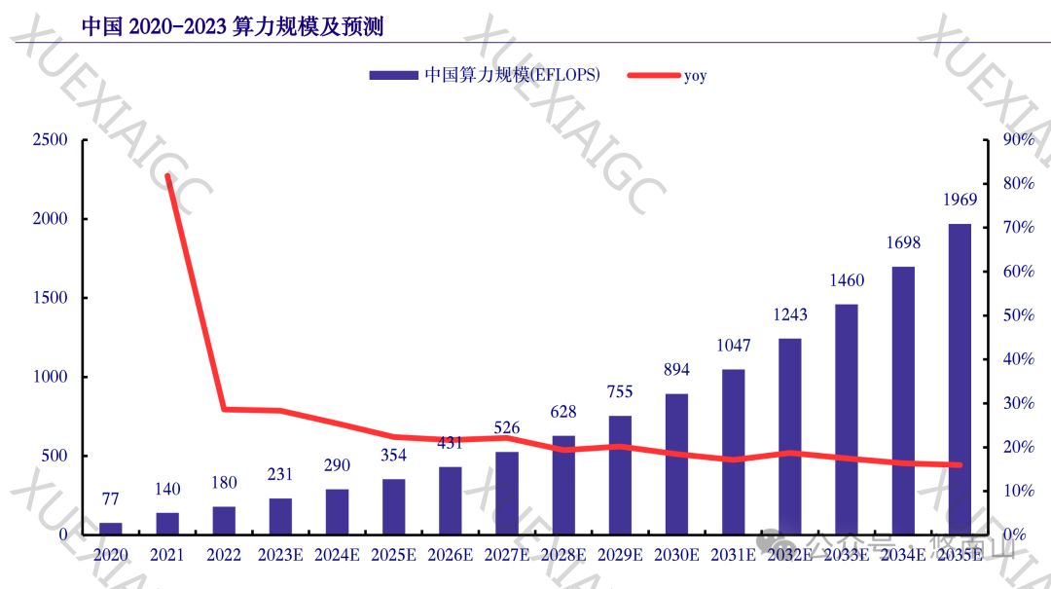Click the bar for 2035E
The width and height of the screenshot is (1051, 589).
click(960, 379)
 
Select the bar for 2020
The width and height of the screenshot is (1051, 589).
click(111, 529)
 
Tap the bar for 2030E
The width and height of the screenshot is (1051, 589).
click(676, 463)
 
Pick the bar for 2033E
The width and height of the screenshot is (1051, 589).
click(847, 419)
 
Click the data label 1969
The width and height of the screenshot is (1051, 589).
click(960, 201)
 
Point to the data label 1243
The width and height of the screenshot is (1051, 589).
click(790, 314)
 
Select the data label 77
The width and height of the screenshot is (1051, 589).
click(110, 499)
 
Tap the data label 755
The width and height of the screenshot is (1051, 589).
click(620, 392)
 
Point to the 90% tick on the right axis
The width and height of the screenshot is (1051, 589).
click(1018, 140)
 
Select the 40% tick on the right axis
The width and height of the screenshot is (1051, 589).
click(1018, 359)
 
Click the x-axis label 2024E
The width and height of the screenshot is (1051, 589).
click(337, 555)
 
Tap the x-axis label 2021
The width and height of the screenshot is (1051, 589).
click(167, 555)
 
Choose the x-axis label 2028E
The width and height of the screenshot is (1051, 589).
click(563, 555)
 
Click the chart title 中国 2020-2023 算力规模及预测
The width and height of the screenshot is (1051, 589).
click(232, 26)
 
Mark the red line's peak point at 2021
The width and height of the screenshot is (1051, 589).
click(167, 176)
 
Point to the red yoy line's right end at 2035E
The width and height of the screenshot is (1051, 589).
click(960, 465)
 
